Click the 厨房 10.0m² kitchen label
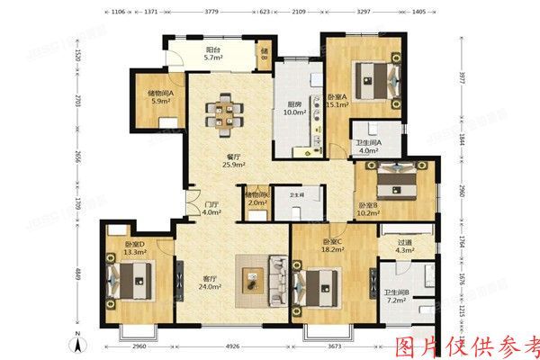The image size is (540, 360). click(x=295, y=106)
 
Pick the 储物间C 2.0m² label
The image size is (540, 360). click(x=258, y=198)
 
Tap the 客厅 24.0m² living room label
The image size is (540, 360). click(x=208, y=283)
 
